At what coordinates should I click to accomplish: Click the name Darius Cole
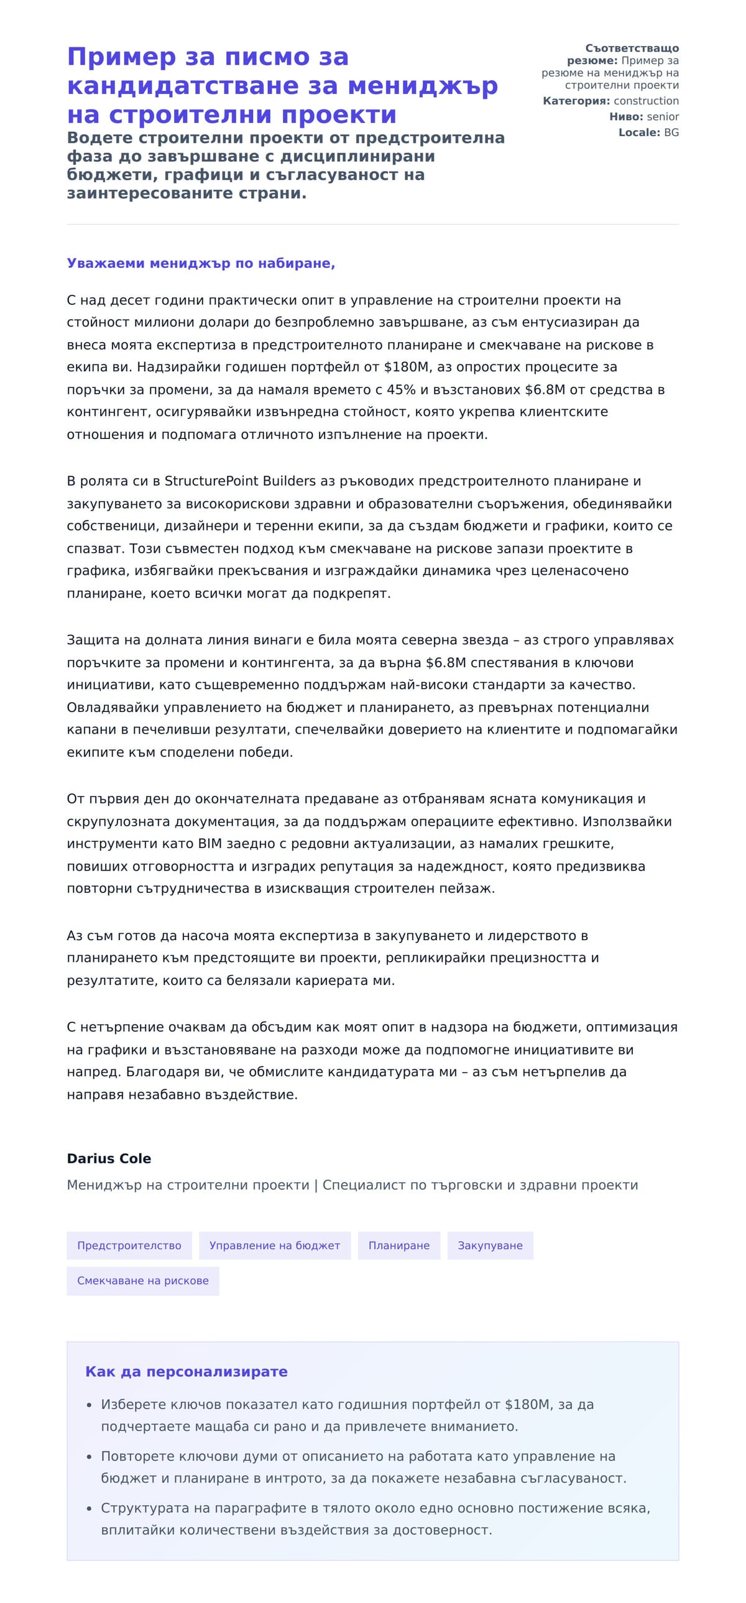coord(109,1158)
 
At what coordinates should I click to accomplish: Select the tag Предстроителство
coord(129,1245)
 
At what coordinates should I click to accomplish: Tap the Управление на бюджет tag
coord(274,1245)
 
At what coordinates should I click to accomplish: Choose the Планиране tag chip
coord(399,1245)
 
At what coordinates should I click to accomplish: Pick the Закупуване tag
coord(490,1245)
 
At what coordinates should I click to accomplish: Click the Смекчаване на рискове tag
coord(142,1281)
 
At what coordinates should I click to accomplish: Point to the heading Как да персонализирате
coord(186,1372)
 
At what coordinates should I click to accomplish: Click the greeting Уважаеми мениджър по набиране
coord(200,263)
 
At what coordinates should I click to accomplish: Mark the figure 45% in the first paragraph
coord(401,389)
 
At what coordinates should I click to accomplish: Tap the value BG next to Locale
coord(671,132)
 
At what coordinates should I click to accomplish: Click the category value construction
coord(646,101)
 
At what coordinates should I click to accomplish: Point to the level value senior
coord(663,117)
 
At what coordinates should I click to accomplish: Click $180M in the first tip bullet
coord(527,1405)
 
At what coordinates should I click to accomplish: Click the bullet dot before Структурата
coord(89,1508)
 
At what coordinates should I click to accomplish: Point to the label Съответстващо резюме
coord(622,54)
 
